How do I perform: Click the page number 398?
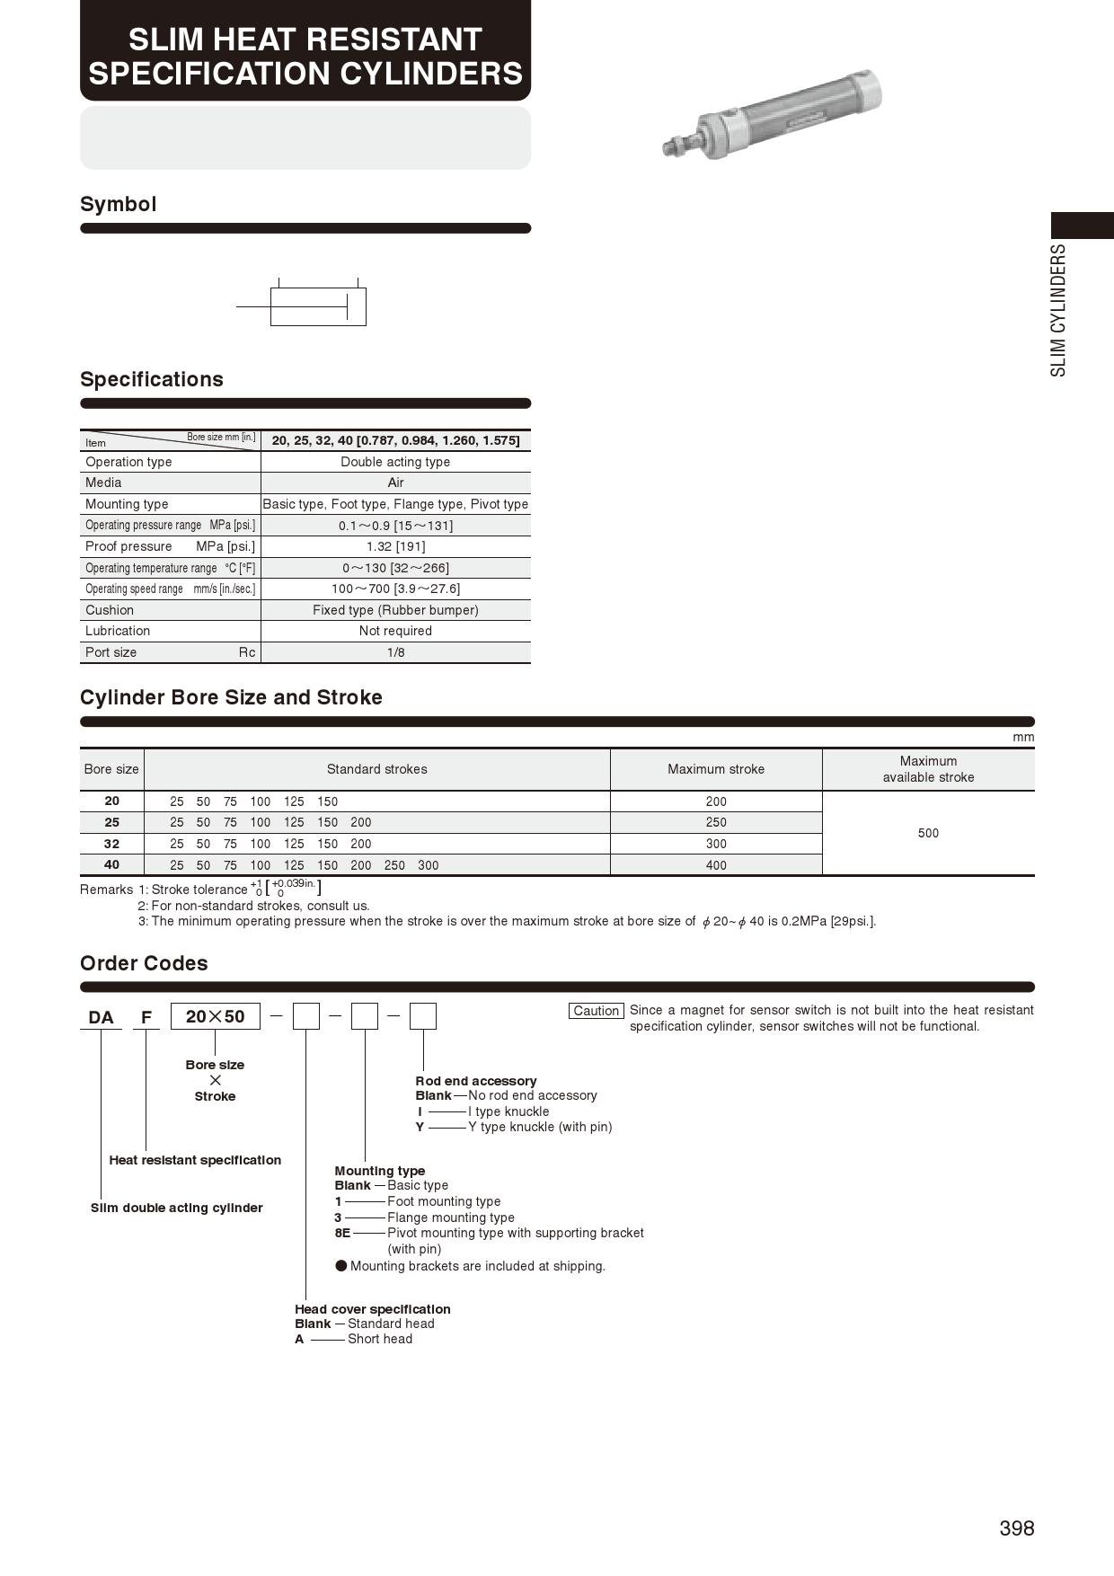(x=1016, y=1528)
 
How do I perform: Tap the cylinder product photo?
(x=772, y=116)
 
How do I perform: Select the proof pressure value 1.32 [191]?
(x=395, y=546)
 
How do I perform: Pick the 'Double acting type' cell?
(x=395, y=462)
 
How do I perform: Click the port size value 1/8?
(x=395, y=652)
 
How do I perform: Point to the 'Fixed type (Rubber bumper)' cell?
(x=395, y=610)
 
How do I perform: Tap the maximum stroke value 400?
(x=716, y=865)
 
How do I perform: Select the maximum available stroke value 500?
(x=928, y=833)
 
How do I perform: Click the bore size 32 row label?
(x=111, y=844)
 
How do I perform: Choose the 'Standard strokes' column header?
(x=376, y=769)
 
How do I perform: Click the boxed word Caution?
(x=597, y=1011)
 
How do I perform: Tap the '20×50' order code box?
(x=215, y=1016)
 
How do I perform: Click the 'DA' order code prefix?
(x=101, y=1017)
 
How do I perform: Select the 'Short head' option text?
(x=380, y=1339)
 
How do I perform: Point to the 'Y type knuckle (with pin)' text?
(x=540, y=1127)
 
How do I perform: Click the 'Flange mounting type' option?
(x=451, y=1217)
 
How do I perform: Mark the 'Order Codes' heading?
(x=144, y=963)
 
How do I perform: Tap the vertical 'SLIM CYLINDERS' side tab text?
(x=1059, y=310)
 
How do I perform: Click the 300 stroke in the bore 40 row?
(x=429, y=865)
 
